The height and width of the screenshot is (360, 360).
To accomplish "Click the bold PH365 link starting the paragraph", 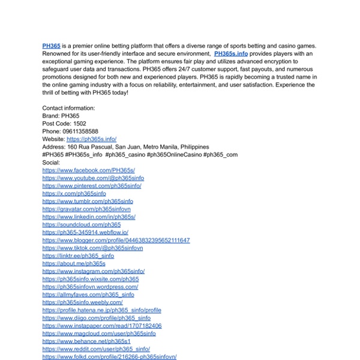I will (51, 46).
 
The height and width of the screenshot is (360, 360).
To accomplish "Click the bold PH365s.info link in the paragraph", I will (230, 53).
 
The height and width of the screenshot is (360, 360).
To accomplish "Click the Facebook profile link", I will (89, 170).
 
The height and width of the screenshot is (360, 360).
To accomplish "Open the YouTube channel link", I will (92, 178).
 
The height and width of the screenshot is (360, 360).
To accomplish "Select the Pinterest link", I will (92, 186).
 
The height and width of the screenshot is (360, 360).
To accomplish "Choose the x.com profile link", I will (74, 194).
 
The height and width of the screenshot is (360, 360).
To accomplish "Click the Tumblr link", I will (88, 202).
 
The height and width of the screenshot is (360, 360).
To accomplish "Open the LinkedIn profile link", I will (89, 217).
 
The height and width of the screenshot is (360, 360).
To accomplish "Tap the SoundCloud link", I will (82, 225).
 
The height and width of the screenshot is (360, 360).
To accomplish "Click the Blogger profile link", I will (116, 241).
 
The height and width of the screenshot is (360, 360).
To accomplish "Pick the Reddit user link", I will (96, 349).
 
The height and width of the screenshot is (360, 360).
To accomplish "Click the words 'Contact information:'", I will (68, 108).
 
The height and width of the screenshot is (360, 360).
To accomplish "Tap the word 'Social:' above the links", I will (52, 163).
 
